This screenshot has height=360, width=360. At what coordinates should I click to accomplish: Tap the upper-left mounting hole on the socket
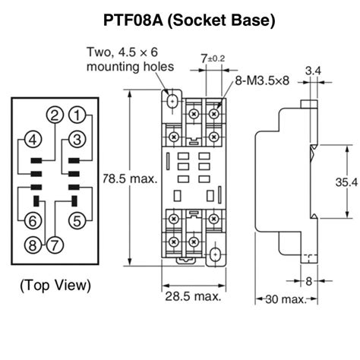click(172, 100)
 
